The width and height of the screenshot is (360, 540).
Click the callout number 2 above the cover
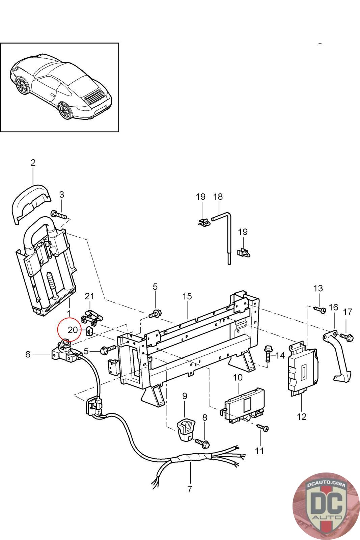click(x=33, y=163)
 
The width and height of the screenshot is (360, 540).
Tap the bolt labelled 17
click(x=347, y=336)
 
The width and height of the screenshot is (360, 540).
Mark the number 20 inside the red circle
click(x=73, y=330)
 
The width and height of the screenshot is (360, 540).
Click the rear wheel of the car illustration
click(x=65, y=111)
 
